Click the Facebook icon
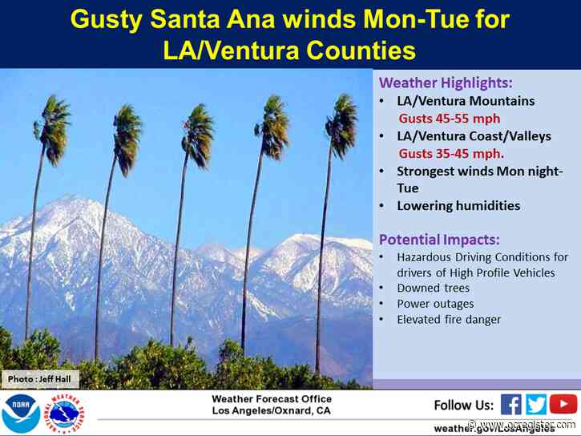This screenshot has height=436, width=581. click(x=511, y=405)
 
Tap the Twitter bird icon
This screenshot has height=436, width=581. click(x=537, y=405)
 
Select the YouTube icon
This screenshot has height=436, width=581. click(x=563, y=405)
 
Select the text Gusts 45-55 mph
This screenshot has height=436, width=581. click(x=440, y=119)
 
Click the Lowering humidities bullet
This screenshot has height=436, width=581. click(x=458, y=206)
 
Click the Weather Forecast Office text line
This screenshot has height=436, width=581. click(x=271, y=399)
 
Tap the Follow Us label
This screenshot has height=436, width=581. click(x=462, y=405)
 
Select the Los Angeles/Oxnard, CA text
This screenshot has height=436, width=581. click(x=271, y=412)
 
